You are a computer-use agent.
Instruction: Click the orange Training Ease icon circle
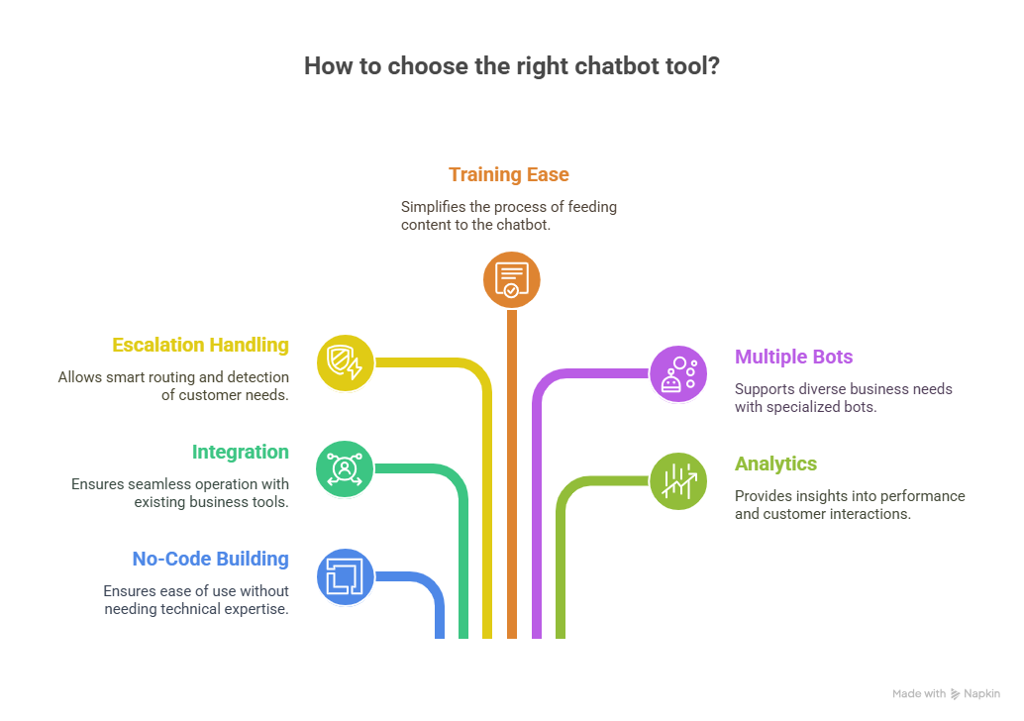511,279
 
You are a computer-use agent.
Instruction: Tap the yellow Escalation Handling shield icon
345,362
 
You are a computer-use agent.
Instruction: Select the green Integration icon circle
345,468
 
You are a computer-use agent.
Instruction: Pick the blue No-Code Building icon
345,575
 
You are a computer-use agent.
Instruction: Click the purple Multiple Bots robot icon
678,373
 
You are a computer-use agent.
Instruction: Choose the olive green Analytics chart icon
678,481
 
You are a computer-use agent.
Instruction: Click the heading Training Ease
509,175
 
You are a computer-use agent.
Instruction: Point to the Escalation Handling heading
200,346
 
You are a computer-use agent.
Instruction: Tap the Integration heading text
241,453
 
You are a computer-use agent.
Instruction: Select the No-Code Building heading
210,560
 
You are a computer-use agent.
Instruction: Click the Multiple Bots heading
793,357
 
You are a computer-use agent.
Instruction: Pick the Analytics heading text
775,463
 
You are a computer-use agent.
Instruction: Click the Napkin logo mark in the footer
956,694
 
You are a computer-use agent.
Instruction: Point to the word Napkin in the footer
982,694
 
